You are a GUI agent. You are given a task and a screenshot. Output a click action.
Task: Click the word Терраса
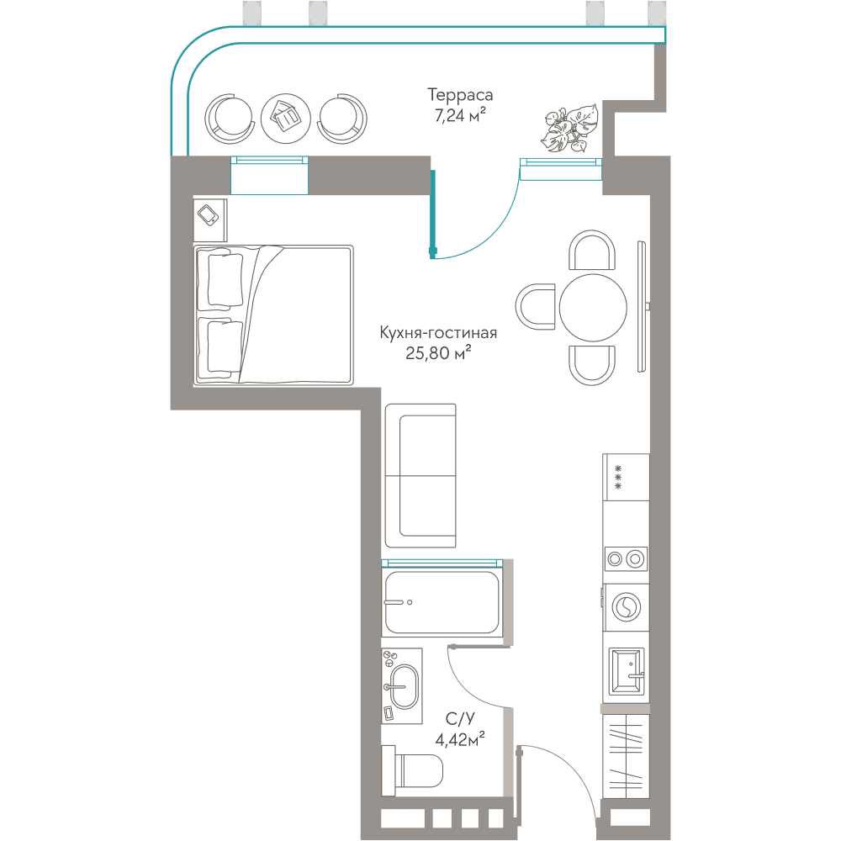(460, 96)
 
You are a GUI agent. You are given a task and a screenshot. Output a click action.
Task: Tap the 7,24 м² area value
(460, 114)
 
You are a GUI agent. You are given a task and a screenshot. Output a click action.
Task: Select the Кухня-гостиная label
(438, 332)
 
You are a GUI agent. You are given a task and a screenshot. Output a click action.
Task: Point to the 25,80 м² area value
(438, 352)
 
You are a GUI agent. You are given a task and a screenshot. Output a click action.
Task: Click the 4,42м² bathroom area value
(460, 739)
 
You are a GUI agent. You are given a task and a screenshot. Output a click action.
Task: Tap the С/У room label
(460, 719)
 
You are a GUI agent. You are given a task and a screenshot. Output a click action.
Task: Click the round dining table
(593, 307)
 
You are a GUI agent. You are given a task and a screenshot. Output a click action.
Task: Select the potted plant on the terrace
(569, 129)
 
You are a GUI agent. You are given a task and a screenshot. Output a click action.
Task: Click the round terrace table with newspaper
(285, 118)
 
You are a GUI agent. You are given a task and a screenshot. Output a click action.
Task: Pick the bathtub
(442, 602)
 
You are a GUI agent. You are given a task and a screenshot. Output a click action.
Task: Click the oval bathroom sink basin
(403, 687)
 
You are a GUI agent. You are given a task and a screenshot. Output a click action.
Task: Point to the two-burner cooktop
(626, 559)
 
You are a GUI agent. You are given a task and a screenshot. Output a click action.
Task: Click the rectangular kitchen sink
(627, 671)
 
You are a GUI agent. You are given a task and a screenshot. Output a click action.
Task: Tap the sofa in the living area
(420, 476)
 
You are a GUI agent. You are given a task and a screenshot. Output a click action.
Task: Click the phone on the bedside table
(208, 215)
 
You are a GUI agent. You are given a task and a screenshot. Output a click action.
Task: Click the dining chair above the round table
(591, 250)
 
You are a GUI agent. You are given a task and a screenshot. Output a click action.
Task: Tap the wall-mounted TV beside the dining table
(643, 306)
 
